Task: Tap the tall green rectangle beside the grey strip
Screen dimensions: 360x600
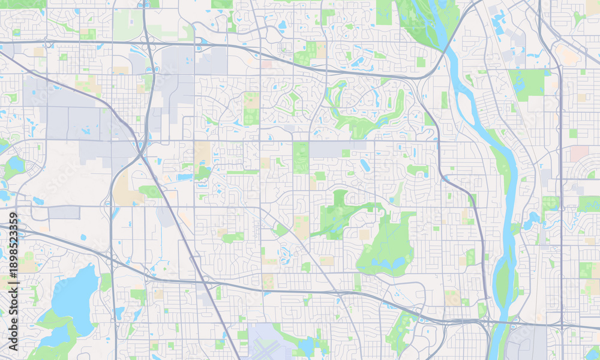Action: point(301,157)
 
